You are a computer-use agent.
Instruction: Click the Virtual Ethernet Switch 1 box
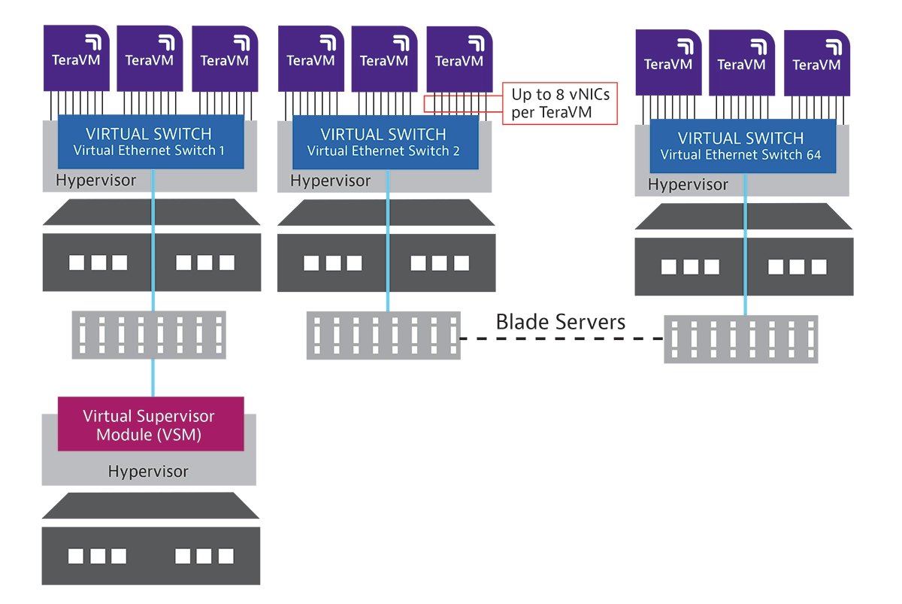click(x=151, y=141)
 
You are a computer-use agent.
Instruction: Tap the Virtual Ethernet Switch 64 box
click(x=742, y=146)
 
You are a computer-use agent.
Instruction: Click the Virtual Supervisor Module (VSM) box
click(x=151, y=424)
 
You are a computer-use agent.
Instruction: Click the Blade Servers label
click(x=560, y=323)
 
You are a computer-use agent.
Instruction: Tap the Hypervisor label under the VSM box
click(x=148, y=472)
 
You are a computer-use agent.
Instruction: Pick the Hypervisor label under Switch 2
click(x=330, y=181)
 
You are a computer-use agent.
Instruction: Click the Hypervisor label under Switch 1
click(x=95, y=181)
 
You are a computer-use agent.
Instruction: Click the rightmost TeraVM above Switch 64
click(x=817, y=63)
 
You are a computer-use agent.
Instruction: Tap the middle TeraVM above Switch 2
click(x=384, y=59)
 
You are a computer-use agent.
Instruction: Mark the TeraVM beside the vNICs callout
click(x=459, y=59)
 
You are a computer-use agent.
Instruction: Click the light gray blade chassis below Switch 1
click(x=149, y=334)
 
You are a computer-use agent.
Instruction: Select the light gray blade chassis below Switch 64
click(x=740, y=339)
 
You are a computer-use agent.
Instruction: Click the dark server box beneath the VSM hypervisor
click(x=150, y=556)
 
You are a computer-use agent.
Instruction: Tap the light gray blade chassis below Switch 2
click(x=383, y=335)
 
